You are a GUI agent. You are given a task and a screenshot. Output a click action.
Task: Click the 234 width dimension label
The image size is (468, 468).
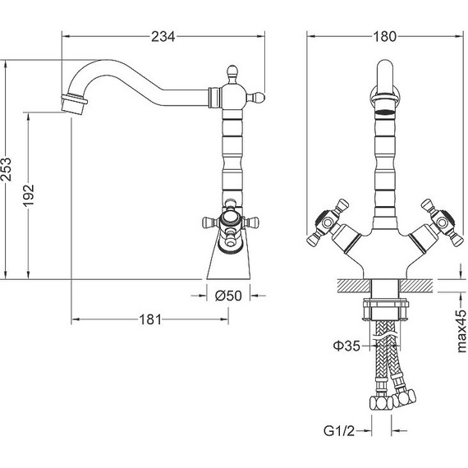pos(163,37)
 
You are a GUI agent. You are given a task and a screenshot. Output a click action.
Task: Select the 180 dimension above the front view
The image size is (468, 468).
pos(385,37)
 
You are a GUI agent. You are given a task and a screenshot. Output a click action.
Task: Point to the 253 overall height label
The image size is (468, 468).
pos(6,169)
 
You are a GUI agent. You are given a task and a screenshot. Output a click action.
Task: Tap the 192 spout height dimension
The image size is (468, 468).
pos(29,195)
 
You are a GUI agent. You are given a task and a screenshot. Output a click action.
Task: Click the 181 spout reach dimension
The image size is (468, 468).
pos(150,319)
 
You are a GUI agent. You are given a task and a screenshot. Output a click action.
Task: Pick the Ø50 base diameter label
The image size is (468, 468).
pos(228,296)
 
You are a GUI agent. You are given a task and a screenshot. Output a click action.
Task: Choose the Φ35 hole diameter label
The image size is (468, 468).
pos(346,346)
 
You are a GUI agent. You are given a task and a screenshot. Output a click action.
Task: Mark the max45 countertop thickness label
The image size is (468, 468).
pos(461,332)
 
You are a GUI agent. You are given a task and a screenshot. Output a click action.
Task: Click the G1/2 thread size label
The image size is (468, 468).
pos(339,431)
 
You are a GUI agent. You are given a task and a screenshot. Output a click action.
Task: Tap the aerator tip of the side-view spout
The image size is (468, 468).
pos(74,104)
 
